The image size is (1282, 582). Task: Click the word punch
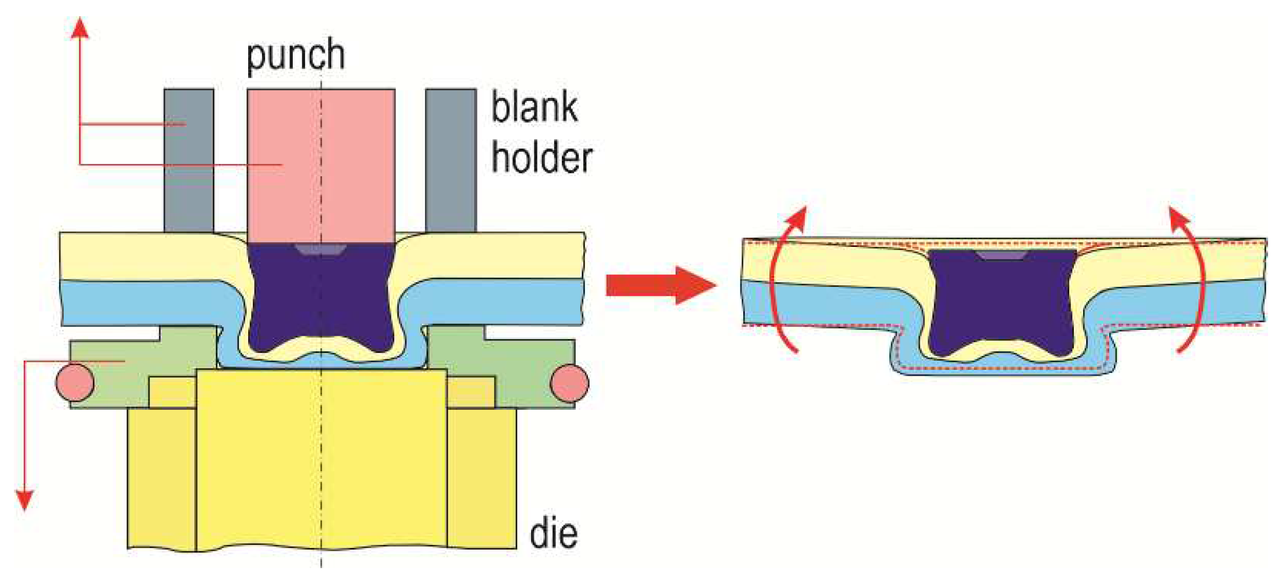pyautogui.click(x=296, y=56)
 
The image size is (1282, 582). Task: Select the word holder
pyautogui.click(x=542, y=158)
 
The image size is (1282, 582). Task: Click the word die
pyautogui.click(x=553, y=534)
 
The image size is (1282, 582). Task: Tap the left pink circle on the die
pyautogui.click(x=75, y=383)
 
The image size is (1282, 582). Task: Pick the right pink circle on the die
pyautogui.click(x=569, y=383)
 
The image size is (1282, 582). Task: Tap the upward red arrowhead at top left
pyautogui.click(x=80, y=28)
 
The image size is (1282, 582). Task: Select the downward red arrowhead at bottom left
pyautogui.click(x=24, y=500)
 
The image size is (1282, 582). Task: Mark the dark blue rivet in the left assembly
pyautogui.click(x=321, y=296)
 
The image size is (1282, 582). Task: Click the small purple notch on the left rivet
pyautogui.click(x=321, y=250)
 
